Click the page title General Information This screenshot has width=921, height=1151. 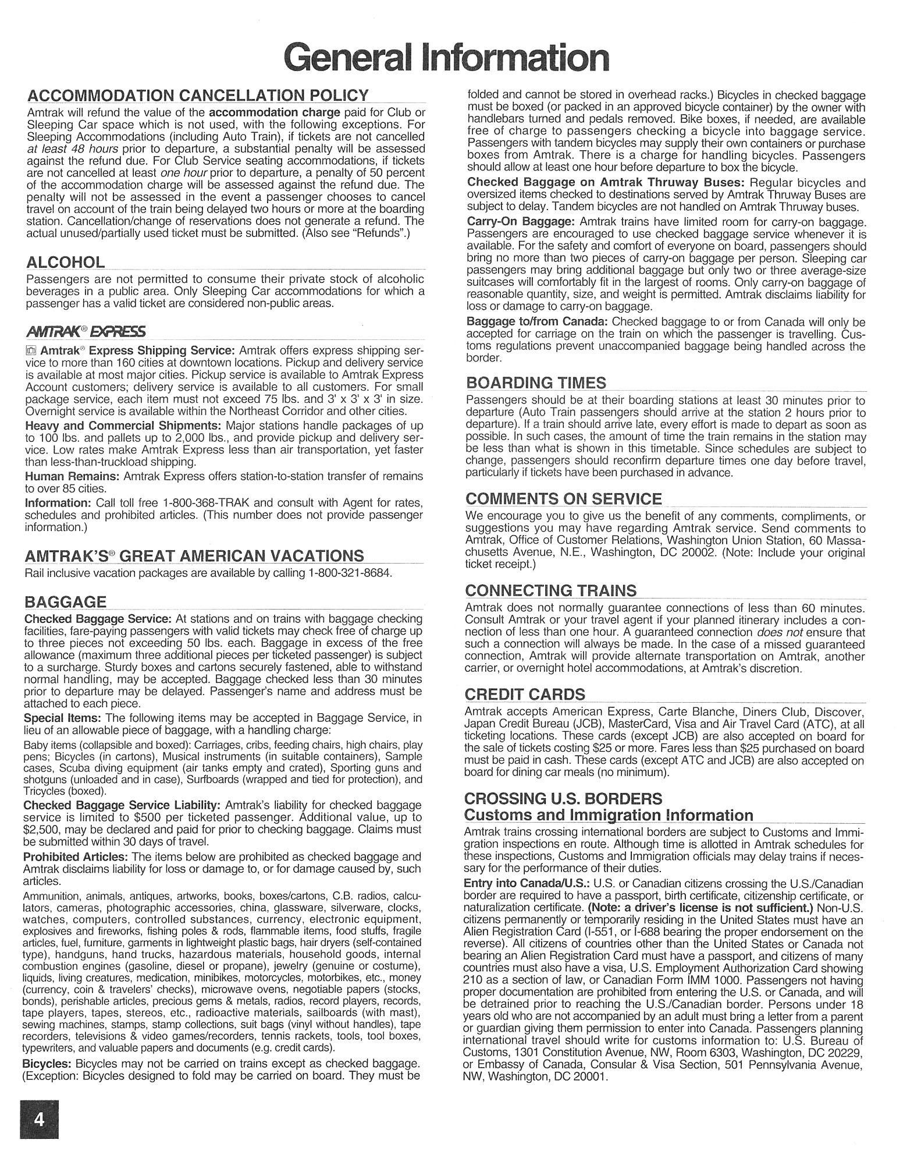(x=446, y=57)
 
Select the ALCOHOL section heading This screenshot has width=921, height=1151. (x=66, y=262)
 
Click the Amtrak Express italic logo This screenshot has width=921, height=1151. (x=86, y=331)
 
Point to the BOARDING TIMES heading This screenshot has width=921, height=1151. (x=536, y=383)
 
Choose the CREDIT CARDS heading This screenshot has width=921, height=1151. (x=525, y=694)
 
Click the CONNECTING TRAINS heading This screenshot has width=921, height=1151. (x=550, y=590)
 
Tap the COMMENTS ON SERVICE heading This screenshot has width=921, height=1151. (x=563, y=498)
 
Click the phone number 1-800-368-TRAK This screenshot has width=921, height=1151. (x=216, y=502)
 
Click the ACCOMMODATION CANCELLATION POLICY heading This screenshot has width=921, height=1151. (x=198, y=95)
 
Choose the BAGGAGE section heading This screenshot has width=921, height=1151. (x=65, y=601)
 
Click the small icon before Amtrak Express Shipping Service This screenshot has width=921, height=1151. (x=31, y=350)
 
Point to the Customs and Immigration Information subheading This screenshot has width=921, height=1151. (x=608, y=815)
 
